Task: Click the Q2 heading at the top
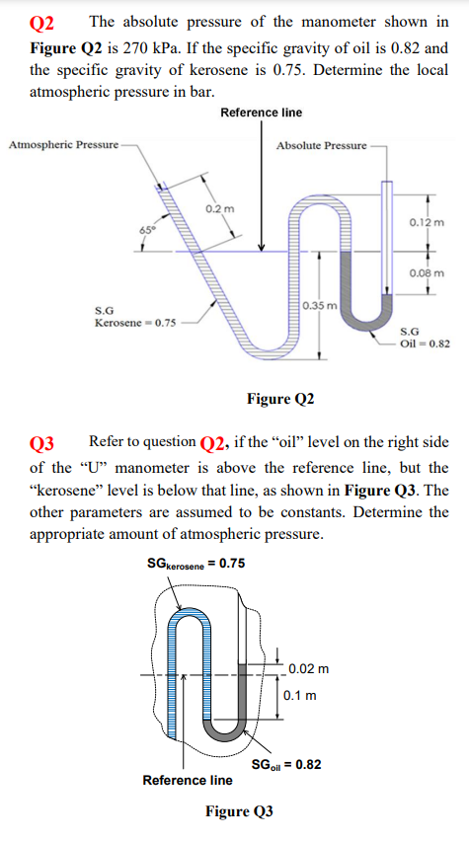44,20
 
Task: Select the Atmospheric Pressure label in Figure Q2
61,145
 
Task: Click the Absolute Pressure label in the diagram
321,145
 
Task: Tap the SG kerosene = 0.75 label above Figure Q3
195,564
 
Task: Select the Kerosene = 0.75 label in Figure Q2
136,322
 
